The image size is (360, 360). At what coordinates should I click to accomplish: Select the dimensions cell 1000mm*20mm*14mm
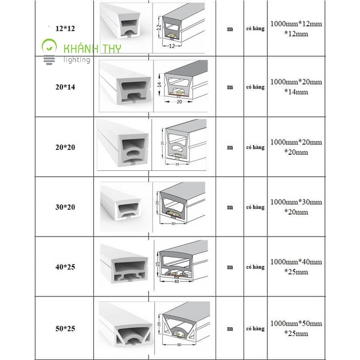coord(296,87)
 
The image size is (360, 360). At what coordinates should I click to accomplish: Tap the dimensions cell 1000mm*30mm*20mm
coord(296,207)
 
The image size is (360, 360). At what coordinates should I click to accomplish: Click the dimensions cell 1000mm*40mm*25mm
coord(296,267)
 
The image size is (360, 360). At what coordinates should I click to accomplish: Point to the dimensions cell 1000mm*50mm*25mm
coord(296,328)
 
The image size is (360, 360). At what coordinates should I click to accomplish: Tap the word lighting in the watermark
coord(77,60)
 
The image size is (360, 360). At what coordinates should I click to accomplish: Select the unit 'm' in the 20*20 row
coord(230,147)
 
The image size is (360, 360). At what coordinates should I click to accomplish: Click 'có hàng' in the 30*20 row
coord(255,207)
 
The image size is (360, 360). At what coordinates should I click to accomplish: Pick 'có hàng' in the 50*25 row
coord(255,327)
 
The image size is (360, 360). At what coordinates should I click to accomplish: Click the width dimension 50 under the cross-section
coord(179,343)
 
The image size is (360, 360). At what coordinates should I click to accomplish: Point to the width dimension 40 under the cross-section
coord(176,282)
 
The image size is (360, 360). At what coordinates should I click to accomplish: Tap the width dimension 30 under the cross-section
coord(173,223)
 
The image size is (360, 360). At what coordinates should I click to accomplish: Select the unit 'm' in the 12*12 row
coord(230,29)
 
